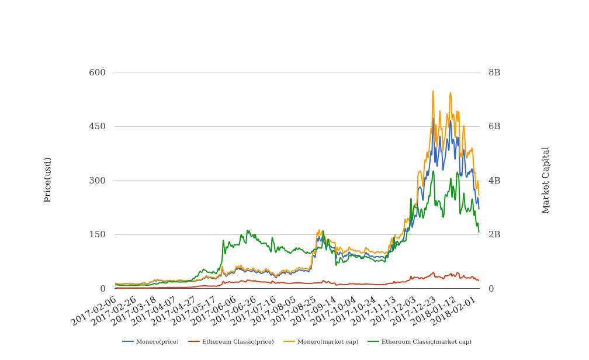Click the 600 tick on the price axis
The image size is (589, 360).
(x=97, y=72)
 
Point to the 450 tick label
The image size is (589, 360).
(x=97, y=126)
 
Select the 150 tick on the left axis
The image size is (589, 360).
(x=97, y=234)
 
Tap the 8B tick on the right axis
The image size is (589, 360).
(x=494, y=72)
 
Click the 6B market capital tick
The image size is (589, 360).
(x=494, y=126)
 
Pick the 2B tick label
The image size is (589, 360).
(x=494, y=234)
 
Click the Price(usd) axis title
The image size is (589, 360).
(x=48, y=180)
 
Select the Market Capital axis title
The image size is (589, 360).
(x=546, y=180)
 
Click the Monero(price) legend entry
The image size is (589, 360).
(x=151, y=342)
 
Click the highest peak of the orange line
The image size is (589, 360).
(x=433, y=91)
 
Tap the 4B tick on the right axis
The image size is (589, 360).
(x=494, y=181)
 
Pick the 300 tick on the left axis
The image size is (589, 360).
(x=97, y=181)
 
